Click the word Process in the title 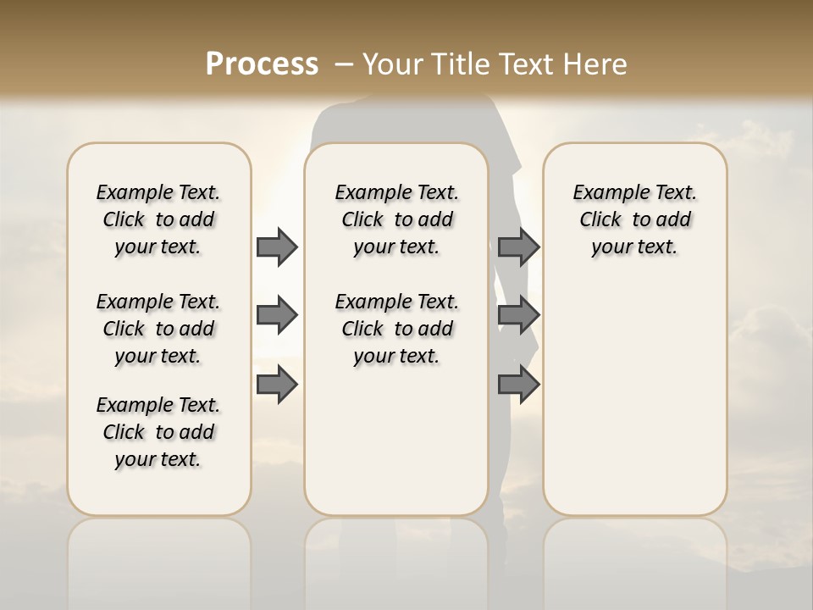262,64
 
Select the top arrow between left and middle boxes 277,247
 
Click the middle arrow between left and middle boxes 277,315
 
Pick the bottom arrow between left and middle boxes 277,384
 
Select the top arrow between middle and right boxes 518,247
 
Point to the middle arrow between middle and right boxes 518,315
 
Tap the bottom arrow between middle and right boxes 518,384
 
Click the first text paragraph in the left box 158,219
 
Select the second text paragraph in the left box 158,329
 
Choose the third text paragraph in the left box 158,432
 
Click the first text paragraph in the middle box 396,219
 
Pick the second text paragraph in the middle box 396,329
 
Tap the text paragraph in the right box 634,219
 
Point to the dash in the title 344,64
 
